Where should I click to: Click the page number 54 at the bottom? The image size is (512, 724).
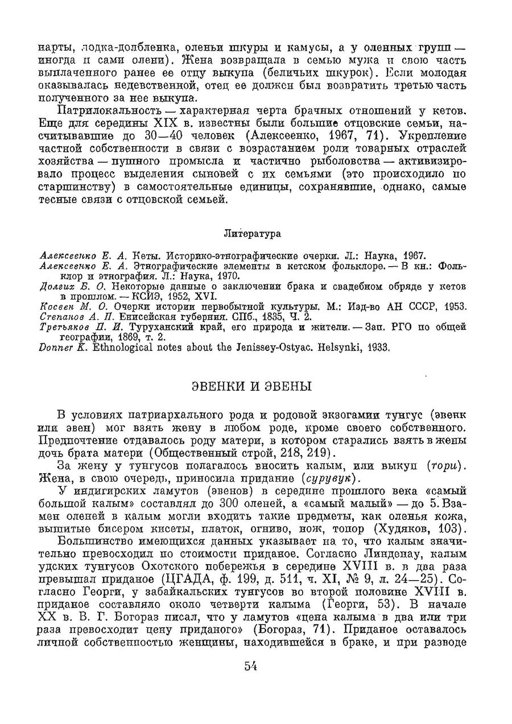tap(251, 667)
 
